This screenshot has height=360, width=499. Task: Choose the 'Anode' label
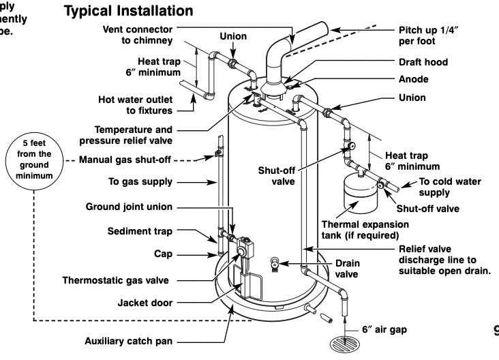point(414,80)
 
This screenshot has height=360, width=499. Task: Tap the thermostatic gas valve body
point(243,252)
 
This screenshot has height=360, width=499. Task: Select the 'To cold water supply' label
point(449,186)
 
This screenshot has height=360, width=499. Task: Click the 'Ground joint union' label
point(130,207)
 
